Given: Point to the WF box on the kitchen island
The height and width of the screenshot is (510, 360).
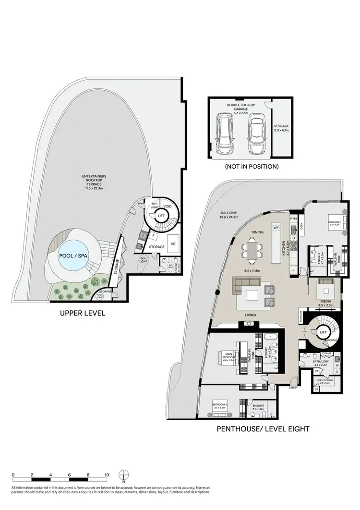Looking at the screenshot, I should point(276,227).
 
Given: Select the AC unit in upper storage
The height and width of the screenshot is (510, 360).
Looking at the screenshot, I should point(173,243).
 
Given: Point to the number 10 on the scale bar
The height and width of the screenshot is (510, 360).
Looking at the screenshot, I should point(107,474).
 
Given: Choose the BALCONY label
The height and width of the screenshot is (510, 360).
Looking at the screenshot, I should point(228,214).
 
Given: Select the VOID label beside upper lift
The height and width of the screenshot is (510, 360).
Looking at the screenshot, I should point(167,206).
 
